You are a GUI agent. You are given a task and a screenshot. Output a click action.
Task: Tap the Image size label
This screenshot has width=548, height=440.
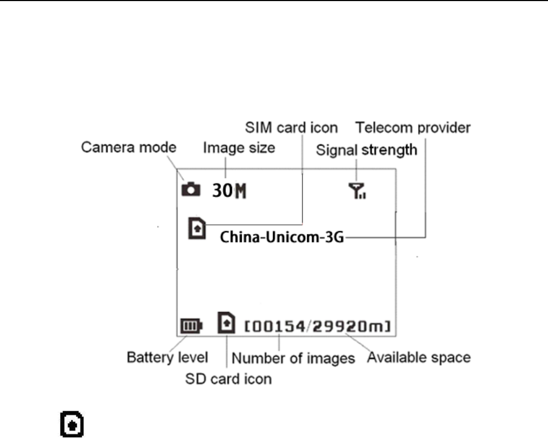click(x=239, y=147)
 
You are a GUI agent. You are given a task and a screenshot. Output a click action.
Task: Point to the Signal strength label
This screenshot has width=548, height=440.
click(x=366, y=149)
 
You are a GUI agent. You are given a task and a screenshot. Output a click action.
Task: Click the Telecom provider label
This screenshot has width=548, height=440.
click(x=413, y=128)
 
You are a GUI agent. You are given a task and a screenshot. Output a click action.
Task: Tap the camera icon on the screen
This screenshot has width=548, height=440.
click(x=190, y=189)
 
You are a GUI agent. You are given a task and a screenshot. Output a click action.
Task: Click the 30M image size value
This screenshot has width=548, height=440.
click(x=228, y=191)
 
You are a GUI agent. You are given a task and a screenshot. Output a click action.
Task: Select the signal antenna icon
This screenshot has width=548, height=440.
click(x=356, y=190)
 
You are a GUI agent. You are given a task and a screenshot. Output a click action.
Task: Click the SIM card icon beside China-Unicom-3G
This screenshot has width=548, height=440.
click(x=197, y=228)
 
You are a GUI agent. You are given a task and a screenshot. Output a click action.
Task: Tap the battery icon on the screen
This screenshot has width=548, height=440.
click(x=191, y=326)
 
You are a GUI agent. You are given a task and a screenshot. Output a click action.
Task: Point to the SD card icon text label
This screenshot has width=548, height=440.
click(x=228, y=379)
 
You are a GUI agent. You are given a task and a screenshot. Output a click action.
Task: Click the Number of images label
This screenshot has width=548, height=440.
click(x=293, y=358)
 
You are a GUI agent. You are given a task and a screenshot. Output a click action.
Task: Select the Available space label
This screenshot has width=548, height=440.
click(x=419, y=358)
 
